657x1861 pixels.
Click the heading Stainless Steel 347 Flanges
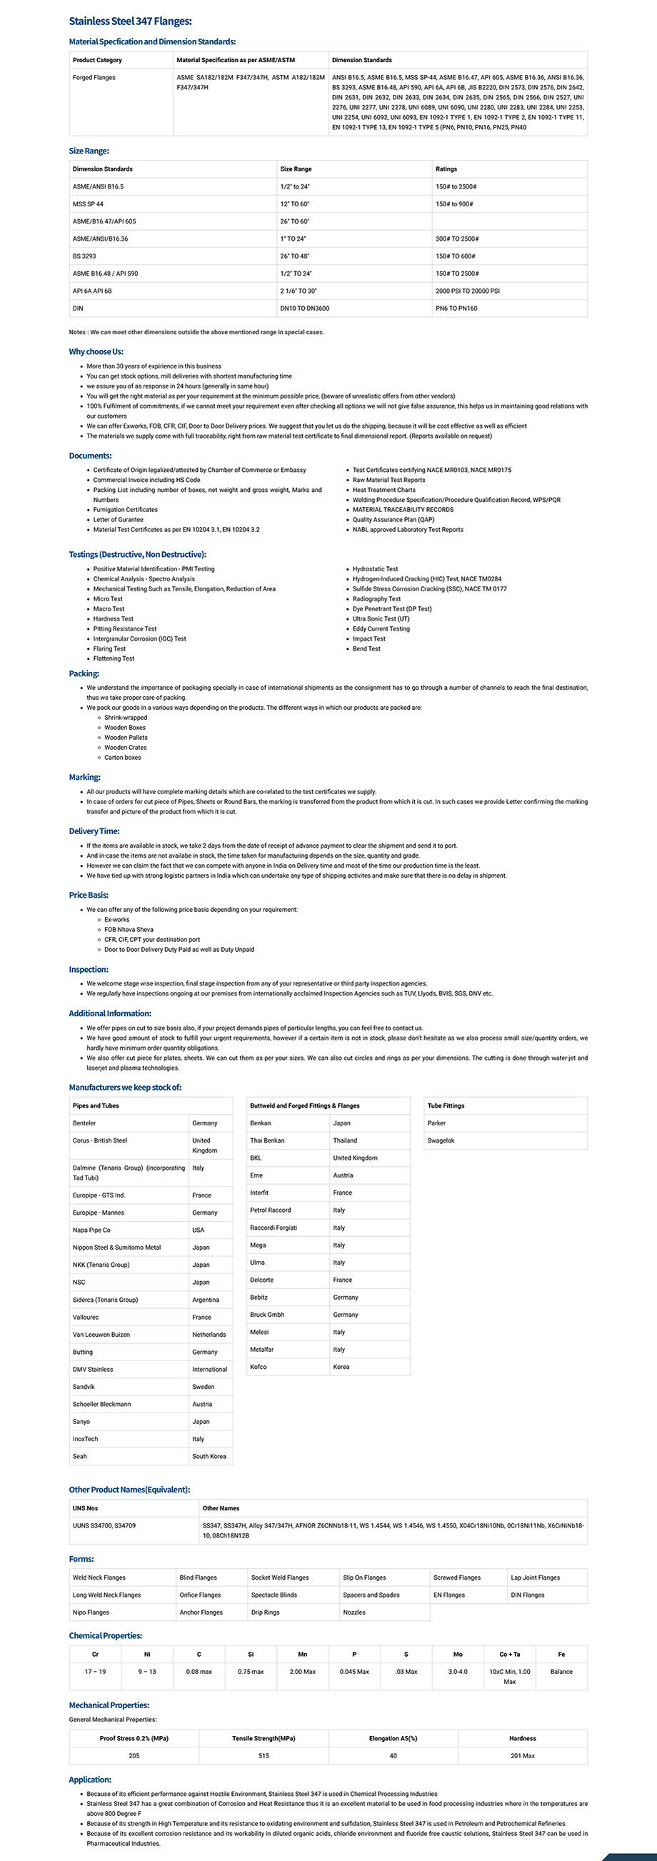130,21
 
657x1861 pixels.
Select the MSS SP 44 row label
88,204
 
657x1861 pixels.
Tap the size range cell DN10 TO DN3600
304,309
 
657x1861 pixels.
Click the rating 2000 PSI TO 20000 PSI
467,291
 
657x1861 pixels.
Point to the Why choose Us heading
96,352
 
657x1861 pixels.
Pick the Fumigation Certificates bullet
125,510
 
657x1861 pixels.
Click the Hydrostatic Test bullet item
375,569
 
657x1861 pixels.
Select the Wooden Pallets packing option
126,738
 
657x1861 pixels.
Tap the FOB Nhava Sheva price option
129,930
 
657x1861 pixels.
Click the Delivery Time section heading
94,831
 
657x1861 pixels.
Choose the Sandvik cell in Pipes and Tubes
84,1387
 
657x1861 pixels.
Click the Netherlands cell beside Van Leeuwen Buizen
209,1335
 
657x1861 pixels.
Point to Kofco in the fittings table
258,1367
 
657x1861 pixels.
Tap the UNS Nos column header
85,1508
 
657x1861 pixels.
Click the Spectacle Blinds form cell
274,1595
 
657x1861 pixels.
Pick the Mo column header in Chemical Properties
458,1655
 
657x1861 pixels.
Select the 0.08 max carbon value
199,1672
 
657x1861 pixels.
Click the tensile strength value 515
263,1755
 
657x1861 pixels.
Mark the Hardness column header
522,1738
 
